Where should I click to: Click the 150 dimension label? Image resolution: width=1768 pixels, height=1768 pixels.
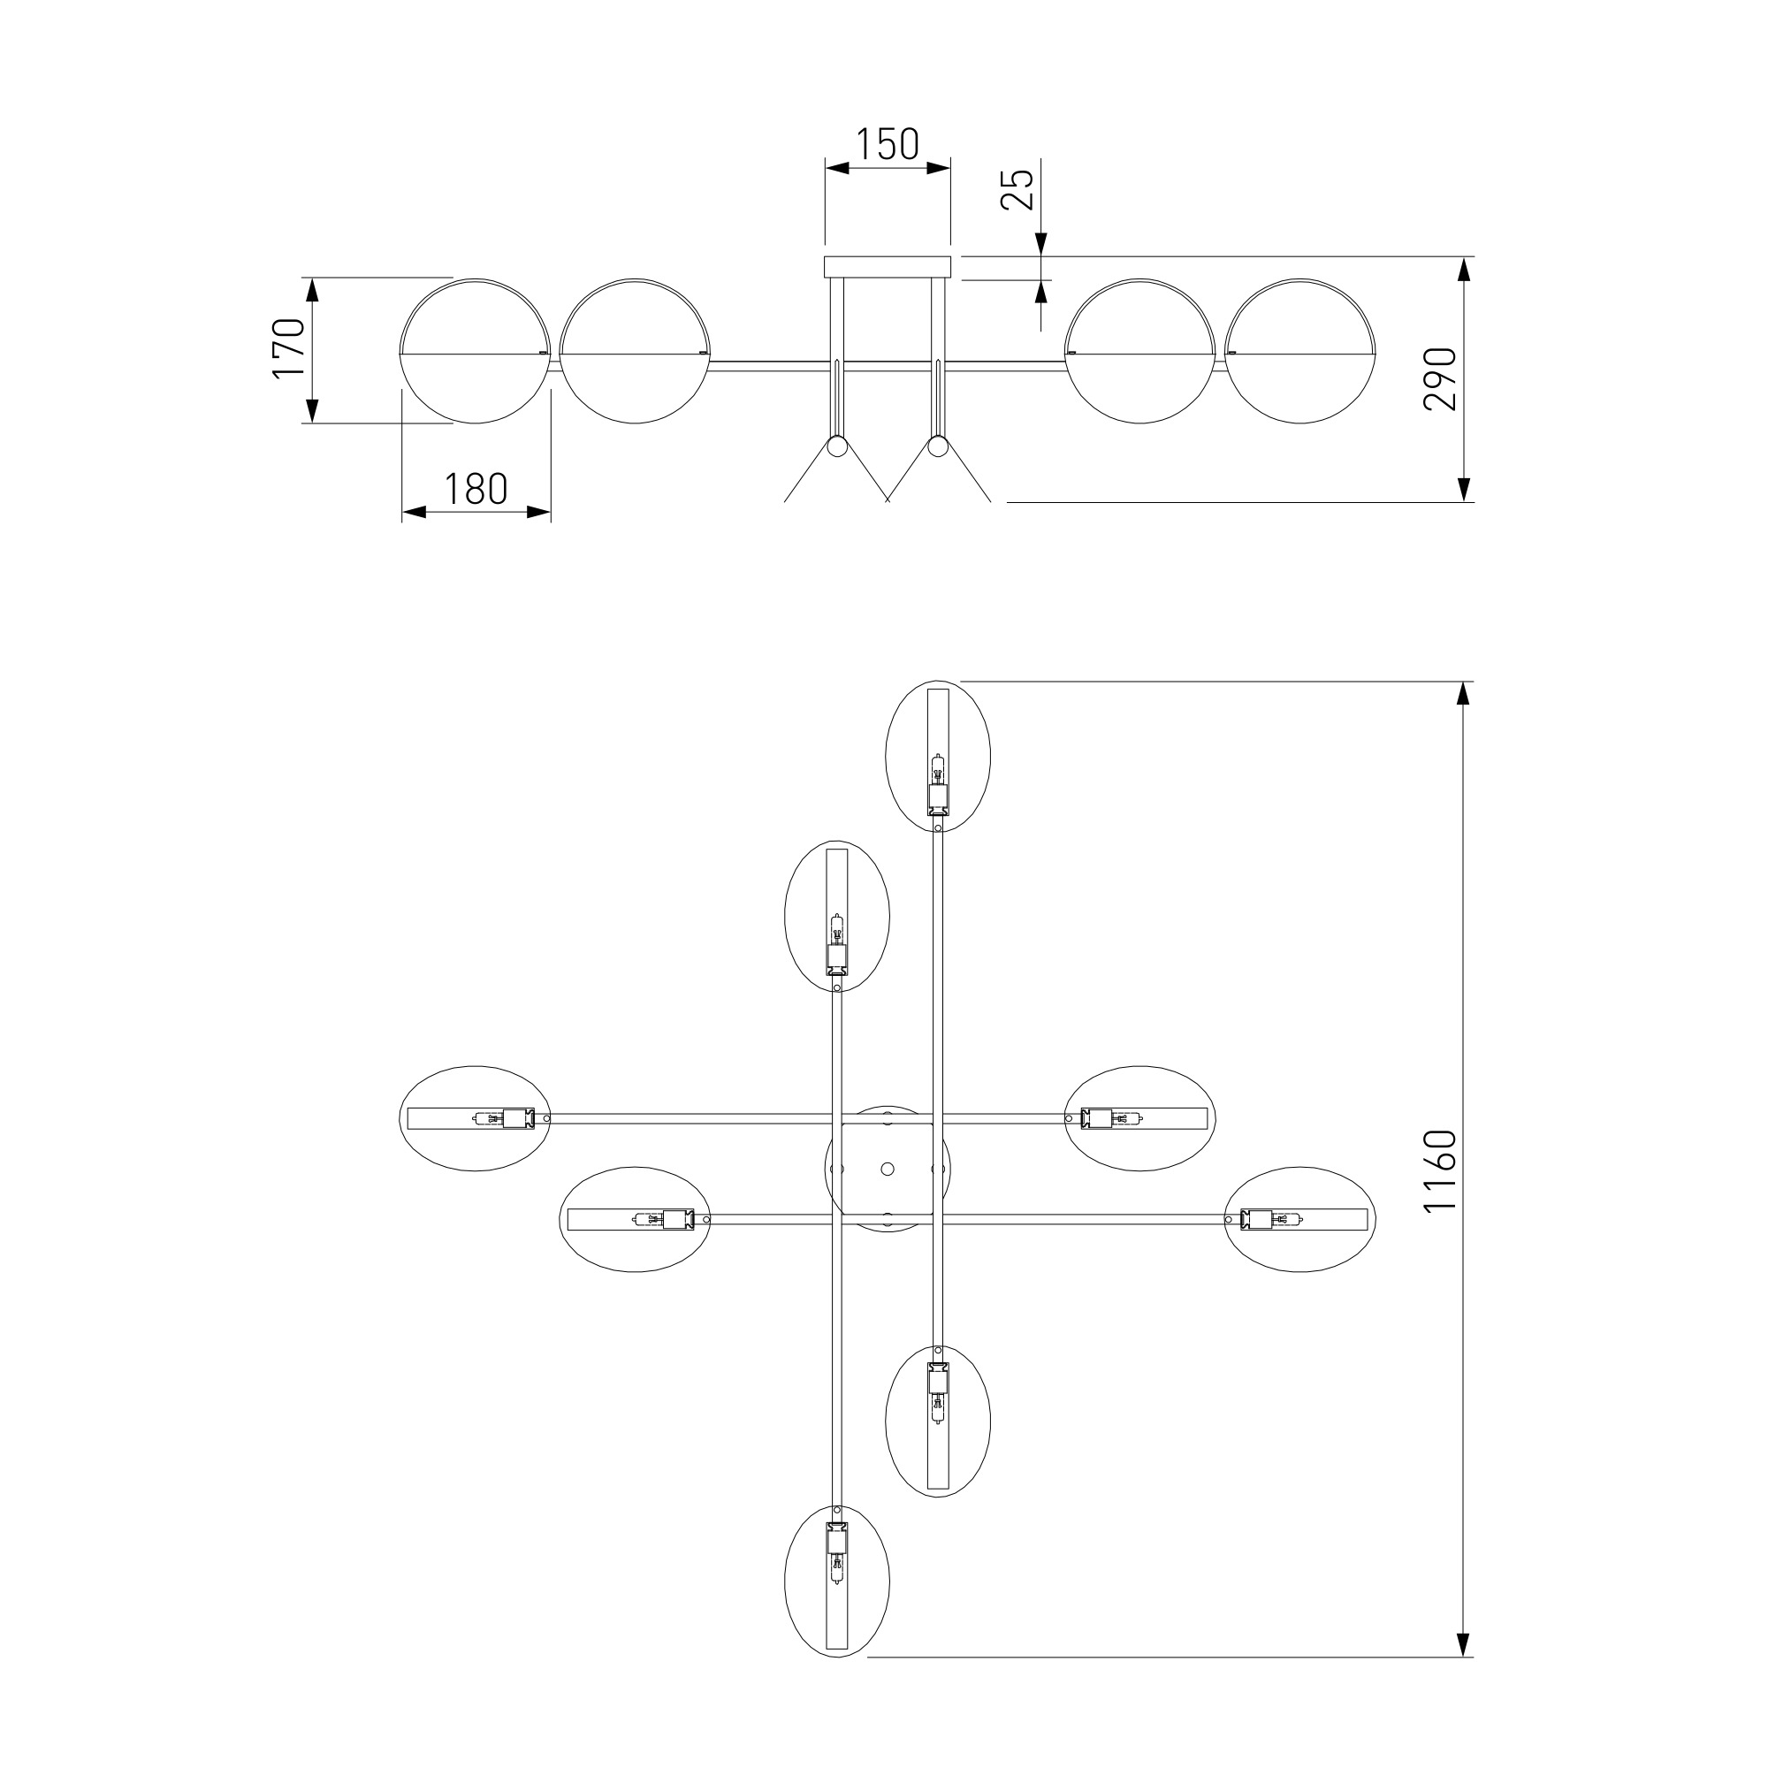(887, 145)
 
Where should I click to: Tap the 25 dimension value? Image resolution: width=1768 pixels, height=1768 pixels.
(1017, 189)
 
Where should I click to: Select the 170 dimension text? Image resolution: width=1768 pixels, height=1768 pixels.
(289, 347)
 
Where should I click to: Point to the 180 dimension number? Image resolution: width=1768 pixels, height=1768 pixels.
(476, 490)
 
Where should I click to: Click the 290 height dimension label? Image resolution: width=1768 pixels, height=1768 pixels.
(1440, 379)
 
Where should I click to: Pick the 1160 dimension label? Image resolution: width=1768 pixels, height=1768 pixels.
(1440, 1170)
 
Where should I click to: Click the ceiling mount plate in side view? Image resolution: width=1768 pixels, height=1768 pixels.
(888, 267)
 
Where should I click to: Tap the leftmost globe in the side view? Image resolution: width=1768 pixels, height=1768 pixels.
(476, 352)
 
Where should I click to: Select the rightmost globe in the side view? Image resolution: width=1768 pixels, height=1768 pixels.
(1299, 352)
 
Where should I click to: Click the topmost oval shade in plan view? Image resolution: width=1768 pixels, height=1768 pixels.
(938, 756)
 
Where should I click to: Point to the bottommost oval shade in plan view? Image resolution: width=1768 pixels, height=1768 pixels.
(837, 1607)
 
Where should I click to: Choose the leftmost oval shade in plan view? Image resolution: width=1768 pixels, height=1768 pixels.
(476, 1118)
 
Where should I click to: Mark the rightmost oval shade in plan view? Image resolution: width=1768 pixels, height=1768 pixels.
(1299, 1219)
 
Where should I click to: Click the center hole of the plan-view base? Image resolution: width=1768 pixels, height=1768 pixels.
(888, 1169)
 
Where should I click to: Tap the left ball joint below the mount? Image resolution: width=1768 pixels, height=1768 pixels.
(837, 447)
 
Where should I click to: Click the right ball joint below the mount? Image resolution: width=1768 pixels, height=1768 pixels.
(938, 447)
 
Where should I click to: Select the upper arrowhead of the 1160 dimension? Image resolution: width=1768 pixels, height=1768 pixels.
(1463, 694)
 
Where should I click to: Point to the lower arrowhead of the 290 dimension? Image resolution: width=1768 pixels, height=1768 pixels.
(1463, 490)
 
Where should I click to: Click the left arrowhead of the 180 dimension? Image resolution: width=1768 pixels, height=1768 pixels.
(415, 513)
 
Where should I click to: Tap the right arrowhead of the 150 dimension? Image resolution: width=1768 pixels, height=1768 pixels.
(938, 167)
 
